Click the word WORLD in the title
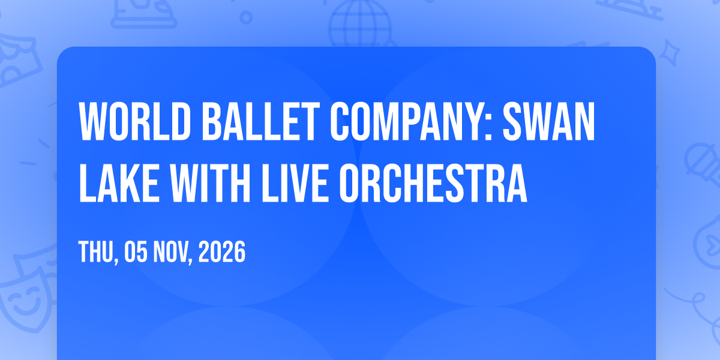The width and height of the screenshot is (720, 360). click(x=135, y=121)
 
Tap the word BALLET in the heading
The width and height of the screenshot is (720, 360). click(x=260, y=121)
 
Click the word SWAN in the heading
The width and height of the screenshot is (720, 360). click(x=549, y=121)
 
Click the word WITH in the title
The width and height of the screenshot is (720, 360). click(x=210, y=183)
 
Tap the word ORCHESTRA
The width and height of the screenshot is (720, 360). click(x=433, y=183)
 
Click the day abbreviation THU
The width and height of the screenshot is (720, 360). click(x=98, y=252)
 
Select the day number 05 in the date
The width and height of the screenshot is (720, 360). click(x=136, y=251)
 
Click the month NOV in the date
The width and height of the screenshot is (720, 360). click(x=173, y=252)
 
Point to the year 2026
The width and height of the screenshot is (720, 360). click(x=222, y=251)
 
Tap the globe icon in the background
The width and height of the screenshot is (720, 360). click(x=360, y=23)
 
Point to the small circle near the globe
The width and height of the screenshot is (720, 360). click(x=246, y=17)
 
